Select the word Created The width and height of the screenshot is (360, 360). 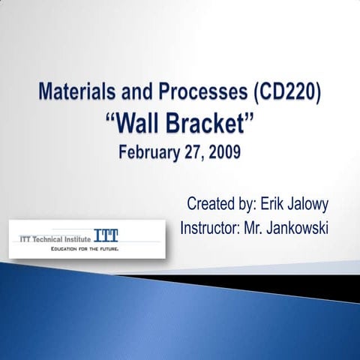tap(213, 204)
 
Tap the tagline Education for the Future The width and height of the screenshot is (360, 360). tap(84, 247)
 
